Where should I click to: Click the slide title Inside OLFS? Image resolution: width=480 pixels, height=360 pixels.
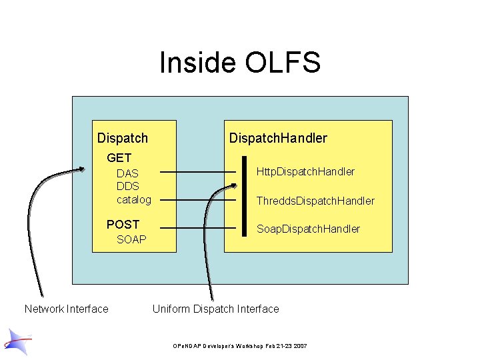tap(240, 63)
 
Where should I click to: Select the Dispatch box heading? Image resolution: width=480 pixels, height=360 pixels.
tap(122, 138)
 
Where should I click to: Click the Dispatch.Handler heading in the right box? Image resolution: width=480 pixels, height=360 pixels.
tap(278, 138)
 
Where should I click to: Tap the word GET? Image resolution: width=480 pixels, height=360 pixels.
tap(119, 158)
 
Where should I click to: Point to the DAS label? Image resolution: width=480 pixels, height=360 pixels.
tap(127, 173)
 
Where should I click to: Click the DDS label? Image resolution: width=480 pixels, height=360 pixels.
tap(127, 186)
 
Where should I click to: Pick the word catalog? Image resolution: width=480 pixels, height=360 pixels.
tap(134, 199)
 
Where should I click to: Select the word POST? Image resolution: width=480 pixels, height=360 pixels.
tap(123, 225)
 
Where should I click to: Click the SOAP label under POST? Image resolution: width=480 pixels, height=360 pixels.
tap(131, 239)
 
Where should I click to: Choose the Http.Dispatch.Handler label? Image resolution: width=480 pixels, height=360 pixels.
tap(305, 172)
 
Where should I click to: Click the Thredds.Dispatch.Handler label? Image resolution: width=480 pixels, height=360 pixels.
tap(315, 201)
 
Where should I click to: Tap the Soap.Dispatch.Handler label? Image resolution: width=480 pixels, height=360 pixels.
tap(308, 229)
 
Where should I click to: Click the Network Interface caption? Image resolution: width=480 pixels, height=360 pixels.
tap(66, 309)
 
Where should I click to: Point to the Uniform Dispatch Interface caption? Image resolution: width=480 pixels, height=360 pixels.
tap(215, 309)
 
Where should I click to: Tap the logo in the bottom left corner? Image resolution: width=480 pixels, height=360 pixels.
tap(17, 341)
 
